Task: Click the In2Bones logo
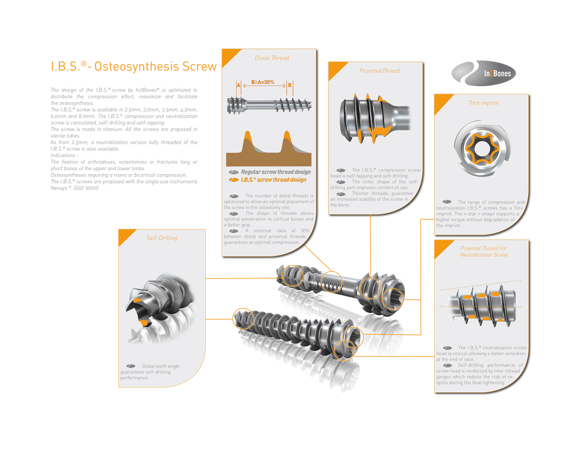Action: tap(483, 73)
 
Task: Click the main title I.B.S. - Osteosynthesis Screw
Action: tap(134, 66)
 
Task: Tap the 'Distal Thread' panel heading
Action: tap(272, 58)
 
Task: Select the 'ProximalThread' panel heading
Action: tap(380, 71)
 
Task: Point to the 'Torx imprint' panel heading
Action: tap(483, 103)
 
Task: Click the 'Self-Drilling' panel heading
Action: tap(162, 238)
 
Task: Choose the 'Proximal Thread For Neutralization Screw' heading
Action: tap(484, 251)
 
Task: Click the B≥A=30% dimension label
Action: tap(263, 82)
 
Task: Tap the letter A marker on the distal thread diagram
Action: tap(238, 85)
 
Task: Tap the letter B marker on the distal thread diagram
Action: tap(290, 85)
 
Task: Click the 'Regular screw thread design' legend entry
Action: tap(270, 172)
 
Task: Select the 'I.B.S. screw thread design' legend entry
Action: tap(268, 180)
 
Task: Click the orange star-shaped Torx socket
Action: tap(482, 149)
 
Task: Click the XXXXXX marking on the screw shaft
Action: tap(330, 287)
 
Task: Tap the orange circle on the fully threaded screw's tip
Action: tap(243, 319)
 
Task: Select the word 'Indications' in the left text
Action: tap(63, 155)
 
